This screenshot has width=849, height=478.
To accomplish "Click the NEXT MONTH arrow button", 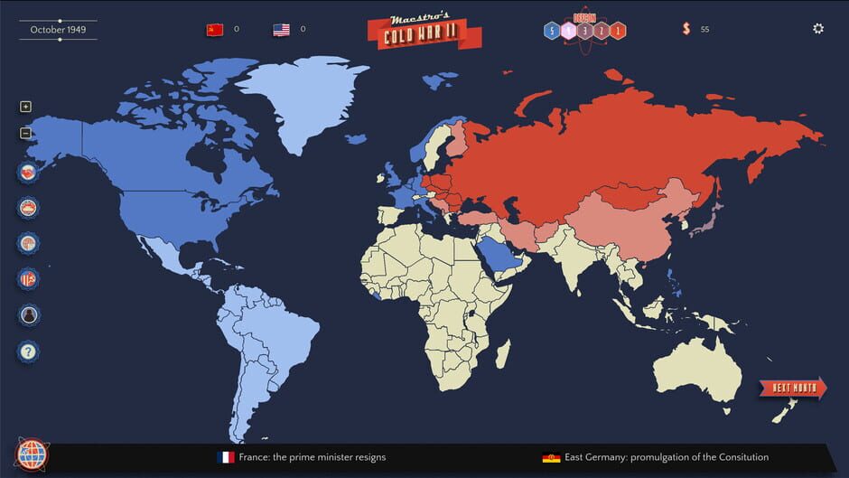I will [x=792, y=389].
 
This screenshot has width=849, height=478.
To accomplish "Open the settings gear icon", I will [x=818, y=29].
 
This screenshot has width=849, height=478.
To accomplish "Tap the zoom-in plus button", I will [x=25, y=107].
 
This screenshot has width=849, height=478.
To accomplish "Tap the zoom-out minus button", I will [x=25, y=133].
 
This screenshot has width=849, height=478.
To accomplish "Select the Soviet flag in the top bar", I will [x=215, y=30].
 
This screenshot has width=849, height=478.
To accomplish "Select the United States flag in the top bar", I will [x=282, y=30].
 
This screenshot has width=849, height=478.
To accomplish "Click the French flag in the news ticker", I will [x=226, y=457].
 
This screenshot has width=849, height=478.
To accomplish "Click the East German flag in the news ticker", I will [x=551, y=457].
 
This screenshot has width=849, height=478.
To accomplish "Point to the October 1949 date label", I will [x=58, y=30].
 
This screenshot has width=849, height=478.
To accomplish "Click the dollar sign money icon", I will [x=686, y=29].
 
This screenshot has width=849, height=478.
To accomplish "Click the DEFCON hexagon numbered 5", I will [x=551, y=32].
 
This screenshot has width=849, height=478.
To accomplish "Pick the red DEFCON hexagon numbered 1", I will [x=618, y=32].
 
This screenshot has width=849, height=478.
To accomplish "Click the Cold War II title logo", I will [x=424, y=32].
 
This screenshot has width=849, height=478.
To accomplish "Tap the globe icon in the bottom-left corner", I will [x=32, y=455].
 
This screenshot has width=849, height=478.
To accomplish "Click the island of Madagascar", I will [x=502, y=353].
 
